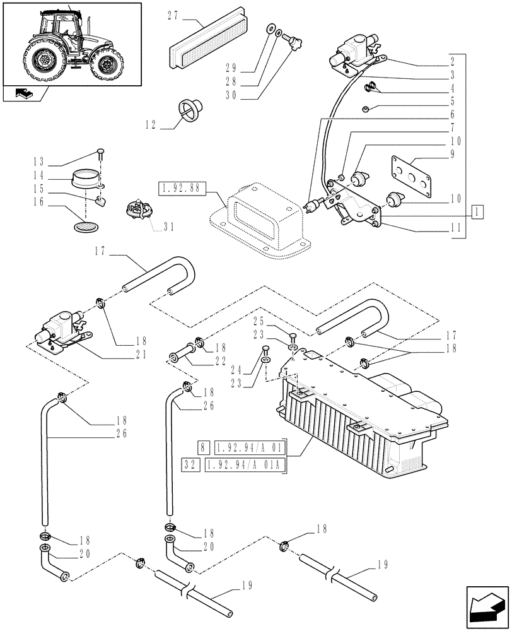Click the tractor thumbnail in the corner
click(x=71, y=44)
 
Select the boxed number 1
click(x=479, y=209)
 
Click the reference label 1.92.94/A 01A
click(x=250, y=466)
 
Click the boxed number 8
click(x=202, y=448)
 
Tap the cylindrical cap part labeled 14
click(x=85, y=179)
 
